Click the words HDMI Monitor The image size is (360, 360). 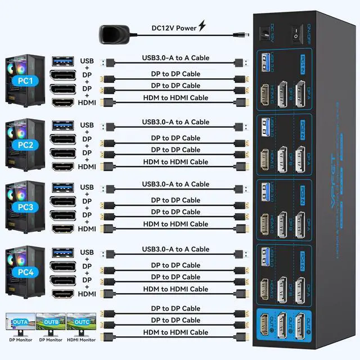(80, 340)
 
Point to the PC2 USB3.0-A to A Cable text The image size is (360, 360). (175, 122)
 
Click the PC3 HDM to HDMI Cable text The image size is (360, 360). (175, 224)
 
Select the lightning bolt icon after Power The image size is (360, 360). (202, 27)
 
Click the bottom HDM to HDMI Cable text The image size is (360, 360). (175, 332)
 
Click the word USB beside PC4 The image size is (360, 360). (87, 253)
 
